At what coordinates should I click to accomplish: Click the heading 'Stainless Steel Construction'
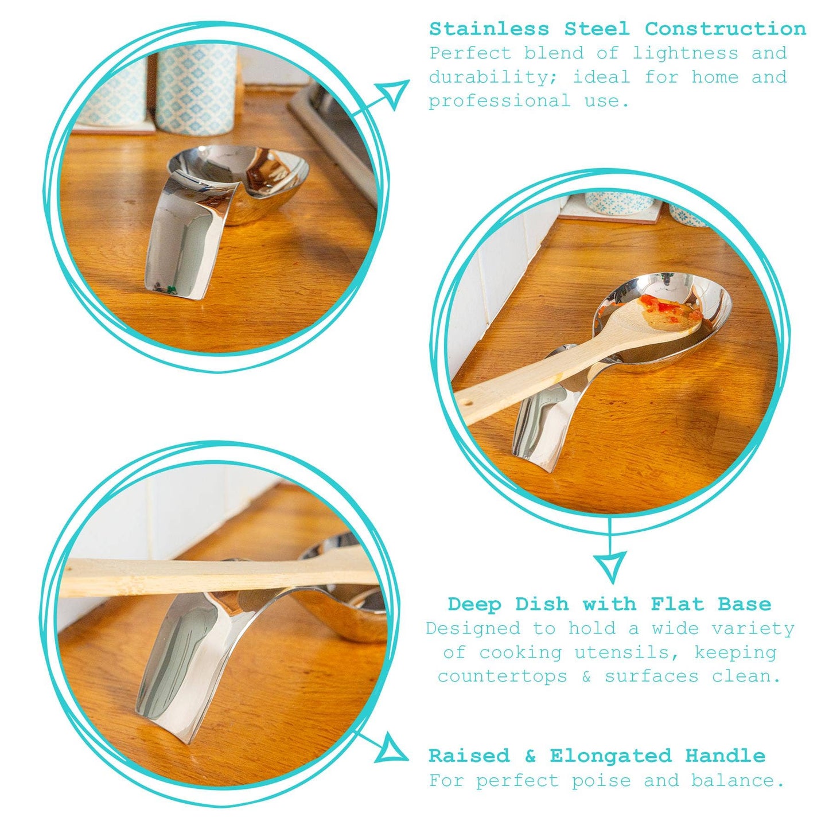(x=617, y=28)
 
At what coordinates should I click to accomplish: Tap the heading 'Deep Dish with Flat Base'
(x=609, y=604)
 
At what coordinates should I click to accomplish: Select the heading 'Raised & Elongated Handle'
(x=597, y=756)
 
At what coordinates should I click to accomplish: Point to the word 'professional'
(x=499, y=101)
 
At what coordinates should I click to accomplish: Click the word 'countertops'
(x=502, y=676)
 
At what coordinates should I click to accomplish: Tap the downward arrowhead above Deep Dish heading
(x=609, y=565)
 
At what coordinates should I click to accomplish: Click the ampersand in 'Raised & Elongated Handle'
(x=530, y=756)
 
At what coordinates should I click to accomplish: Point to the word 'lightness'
(x=685, y=53)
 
